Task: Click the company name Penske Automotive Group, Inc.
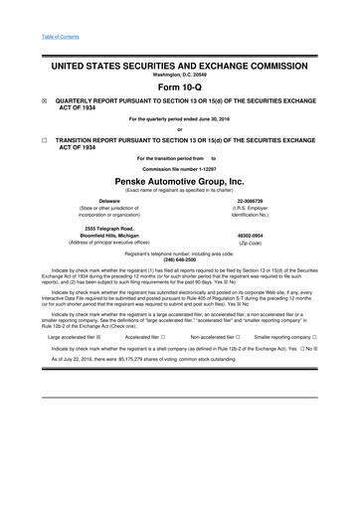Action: coord(179,182)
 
